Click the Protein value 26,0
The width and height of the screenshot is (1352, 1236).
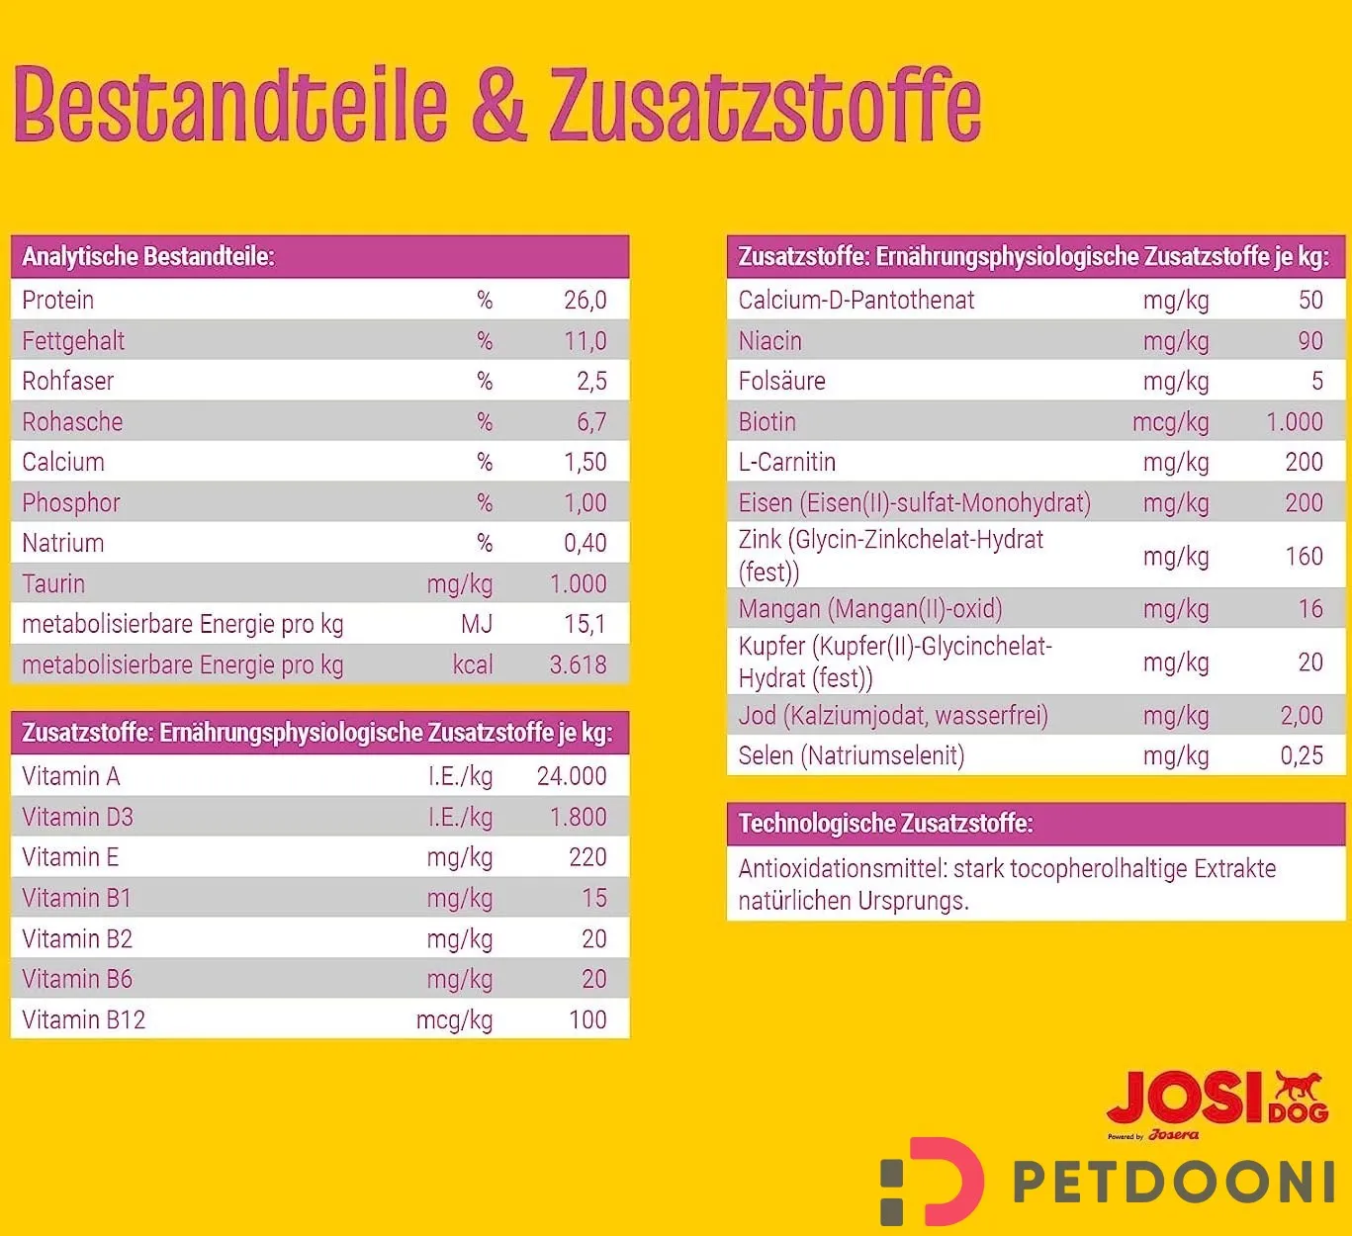pos(585,301)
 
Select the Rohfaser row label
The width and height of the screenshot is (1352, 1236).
pos(67,382)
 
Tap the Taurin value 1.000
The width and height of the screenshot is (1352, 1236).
pos(578,584)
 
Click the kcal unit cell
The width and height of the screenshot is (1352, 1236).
pos(472,665)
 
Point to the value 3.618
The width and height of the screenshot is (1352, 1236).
pos(578,665)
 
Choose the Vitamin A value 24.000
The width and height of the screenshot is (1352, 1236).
pos(571,777)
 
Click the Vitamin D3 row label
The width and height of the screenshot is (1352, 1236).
pos(77,818)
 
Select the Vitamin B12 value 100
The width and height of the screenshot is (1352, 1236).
pos(587,1020)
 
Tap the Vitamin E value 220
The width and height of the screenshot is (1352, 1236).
pos(587,858)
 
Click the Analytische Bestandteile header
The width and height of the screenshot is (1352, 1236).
pos(148,257)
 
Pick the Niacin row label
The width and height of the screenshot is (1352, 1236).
pos(769,341)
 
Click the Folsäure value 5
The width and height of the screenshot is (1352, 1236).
pos(1316,382)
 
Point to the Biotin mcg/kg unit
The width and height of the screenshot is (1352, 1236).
pos(1170,422)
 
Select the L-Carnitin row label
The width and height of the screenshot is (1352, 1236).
pos(786,463)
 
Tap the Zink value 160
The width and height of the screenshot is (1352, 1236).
pos(1304,557)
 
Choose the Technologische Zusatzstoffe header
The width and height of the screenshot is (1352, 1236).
pos(885,824)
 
